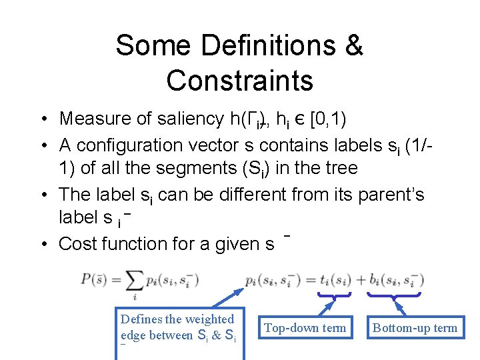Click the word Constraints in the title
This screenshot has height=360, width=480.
[x=240, y=80]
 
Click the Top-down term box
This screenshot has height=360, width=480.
[x=305, y=327]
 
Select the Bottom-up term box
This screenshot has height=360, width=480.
[x=415, y=327]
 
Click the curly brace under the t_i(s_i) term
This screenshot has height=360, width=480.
[x=334, y=295]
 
